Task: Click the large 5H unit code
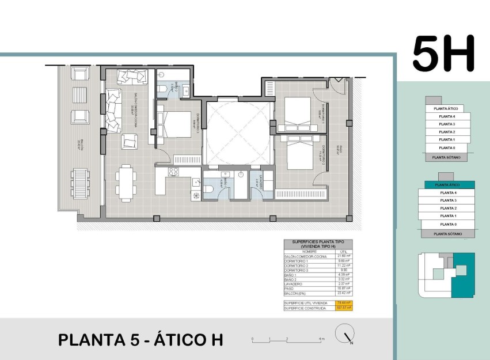click(443, 54)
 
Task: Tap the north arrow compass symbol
click(345, 334)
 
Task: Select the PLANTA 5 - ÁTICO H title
click(140, 340)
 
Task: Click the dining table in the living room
click(126, 181)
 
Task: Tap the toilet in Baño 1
click(210, 189)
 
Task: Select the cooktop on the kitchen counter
click(173, 172)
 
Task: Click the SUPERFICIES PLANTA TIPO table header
click(318, 244)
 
